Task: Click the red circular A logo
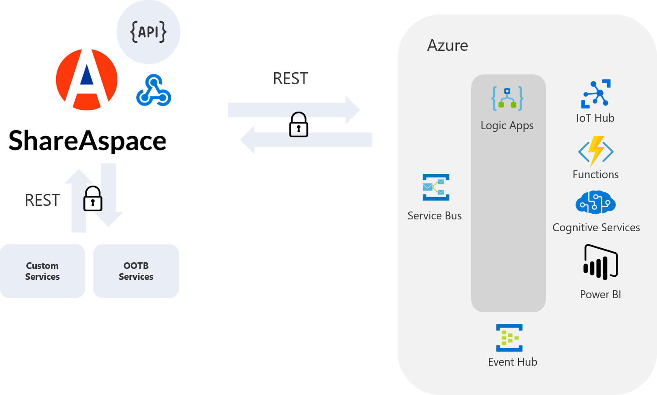point(87,80)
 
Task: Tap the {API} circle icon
point(148,32)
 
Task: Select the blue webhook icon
point(154,91)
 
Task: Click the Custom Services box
point(42,271)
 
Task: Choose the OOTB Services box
point(136,271)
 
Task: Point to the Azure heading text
point(447,46)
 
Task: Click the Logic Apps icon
point(507,98)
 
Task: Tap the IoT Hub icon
point(596,94)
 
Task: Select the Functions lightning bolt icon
point(596,152)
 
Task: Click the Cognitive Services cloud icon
point(596,203)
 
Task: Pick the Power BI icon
point(600,262)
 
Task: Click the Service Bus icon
point(436,187)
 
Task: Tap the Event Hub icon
point(509,338)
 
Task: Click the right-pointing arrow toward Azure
point(293,109)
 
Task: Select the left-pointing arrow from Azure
point(307,140)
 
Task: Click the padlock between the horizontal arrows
point(299,125)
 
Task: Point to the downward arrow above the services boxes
point(109,195)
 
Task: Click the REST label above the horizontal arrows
point(290,79)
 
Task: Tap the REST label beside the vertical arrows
point(42,200)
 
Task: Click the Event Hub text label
point(512,362)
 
